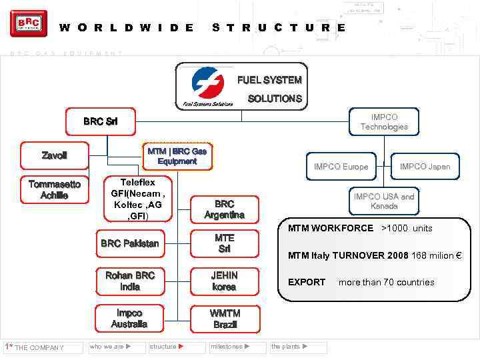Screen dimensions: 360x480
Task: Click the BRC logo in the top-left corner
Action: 29,24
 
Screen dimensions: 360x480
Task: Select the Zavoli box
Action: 55,155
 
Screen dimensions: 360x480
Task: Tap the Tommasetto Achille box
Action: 55,189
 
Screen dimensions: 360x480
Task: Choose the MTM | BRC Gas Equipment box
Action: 177,156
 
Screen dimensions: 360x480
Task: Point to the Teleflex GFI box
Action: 138,199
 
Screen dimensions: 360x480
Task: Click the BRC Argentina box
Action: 225,209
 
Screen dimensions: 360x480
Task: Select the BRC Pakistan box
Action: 129,243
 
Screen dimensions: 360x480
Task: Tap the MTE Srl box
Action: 225,243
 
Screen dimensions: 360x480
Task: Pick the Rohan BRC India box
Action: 129,281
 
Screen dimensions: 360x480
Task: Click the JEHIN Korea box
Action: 225,281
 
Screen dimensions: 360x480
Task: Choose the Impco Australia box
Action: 129,318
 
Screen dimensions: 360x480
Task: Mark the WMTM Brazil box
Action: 225,319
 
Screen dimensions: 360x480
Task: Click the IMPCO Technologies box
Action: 384,122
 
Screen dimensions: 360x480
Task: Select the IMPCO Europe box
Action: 341,167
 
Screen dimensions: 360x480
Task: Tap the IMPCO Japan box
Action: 425,167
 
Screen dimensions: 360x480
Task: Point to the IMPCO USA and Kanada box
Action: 384,201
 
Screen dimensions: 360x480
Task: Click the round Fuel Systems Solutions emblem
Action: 207,83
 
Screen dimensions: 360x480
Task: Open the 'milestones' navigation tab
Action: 231,347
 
